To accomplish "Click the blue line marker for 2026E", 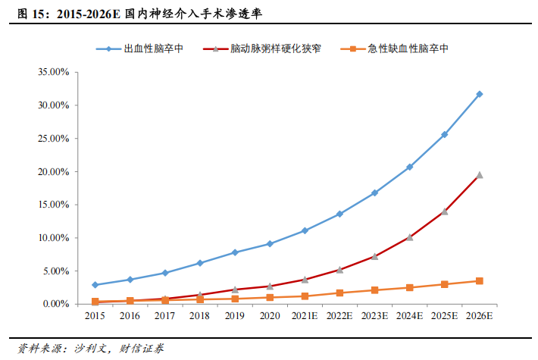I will [479, 94].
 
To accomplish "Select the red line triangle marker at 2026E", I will [479, 175].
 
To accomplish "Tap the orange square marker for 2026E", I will [479, 281].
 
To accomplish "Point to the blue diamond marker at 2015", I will [95, 285].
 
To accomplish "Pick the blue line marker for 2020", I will [270, 244].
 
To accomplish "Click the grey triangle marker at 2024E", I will [409, 237].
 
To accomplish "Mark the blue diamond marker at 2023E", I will [374, 193].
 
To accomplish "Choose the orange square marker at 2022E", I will [339, 293].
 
